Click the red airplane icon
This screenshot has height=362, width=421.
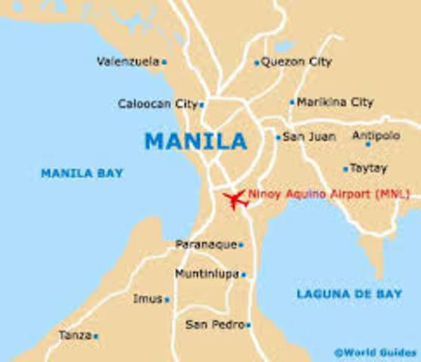[x=236, y=200]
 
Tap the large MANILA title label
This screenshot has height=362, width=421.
[x=195, y=141]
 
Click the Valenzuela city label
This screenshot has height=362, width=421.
[x=127, y=62]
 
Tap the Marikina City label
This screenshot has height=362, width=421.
[x=335, y=102]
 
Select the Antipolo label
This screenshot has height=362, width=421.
[x=383, y=137]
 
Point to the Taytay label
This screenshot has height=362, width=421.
[x=370, y=169]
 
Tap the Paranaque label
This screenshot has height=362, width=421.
[x=205, y=244]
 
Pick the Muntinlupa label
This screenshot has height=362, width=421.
[x=206, y=273]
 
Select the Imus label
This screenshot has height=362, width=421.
[x=147, y=299]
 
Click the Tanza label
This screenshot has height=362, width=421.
[x=75, y=335]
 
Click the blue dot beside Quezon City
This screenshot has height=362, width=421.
[x=257, y=63]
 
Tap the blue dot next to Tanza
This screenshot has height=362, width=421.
[x=96, y=336]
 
